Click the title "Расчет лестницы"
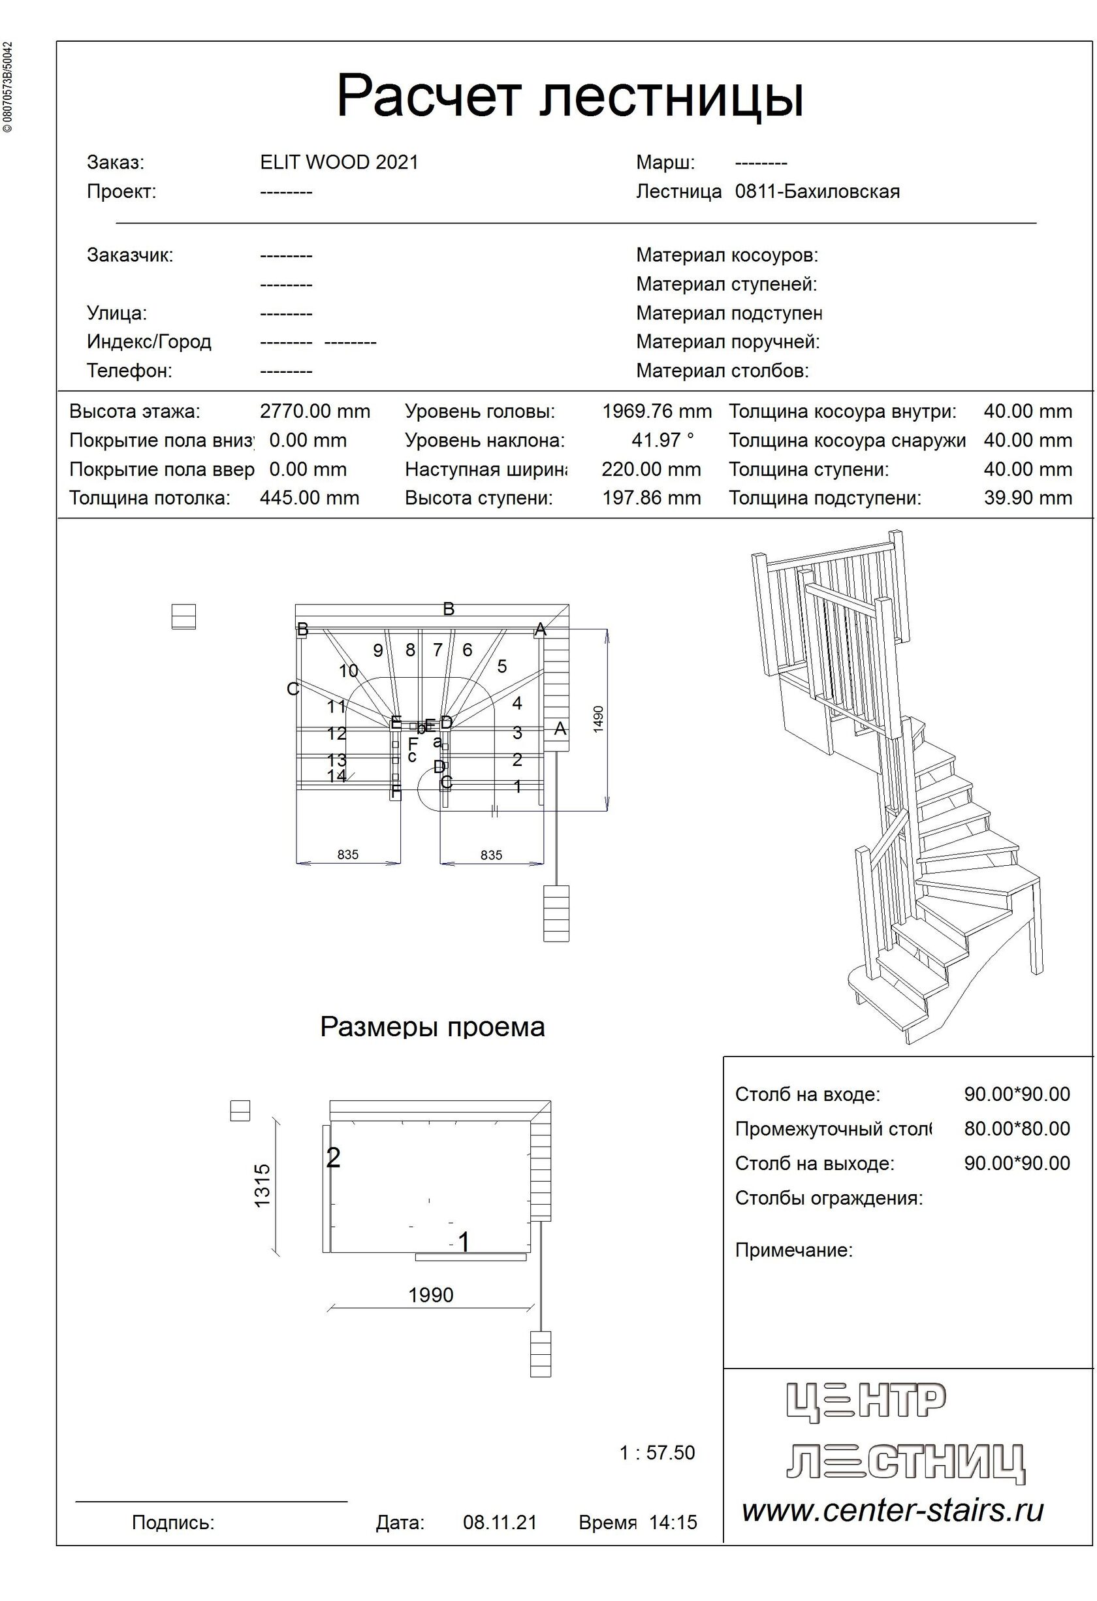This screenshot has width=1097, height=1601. click(570, 97)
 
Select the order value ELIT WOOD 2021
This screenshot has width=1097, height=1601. click(339, 163)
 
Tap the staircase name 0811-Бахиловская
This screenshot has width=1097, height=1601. click(818, 191)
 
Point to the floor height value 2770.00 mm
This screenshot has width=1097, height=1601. click(315, 412)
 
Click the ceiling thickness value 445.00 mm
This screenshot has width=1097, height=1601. click(310, 498)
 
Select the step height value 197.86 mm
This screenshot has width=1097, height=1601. click(651, 498)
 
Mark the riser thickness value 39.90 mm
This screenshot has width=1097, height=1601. click(1027, 498)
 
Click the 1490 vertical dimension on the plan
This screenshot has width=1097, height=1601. click(598, 718)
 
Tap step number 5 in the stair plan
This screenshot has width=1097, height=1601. click(501, 666)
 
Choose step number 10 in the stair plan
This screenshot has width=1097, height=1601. click(349, 671)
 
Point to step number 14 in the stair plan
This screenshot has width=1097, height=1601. click(336, 776)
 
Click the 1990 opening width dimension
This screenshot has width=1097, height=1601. click(431, 1295)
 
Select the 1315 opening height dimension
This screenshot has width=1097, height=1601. click(262, 1185)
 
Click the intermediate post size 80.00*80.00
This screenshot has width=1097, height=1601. click(1017, 1128)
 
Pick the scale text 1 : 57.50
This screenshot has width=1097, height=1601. click(657, 1453)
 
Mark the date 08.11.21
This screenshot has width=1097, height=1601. click(500, 1523)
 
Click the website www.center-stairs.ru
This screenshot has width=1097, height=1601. click(893, 1511)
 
